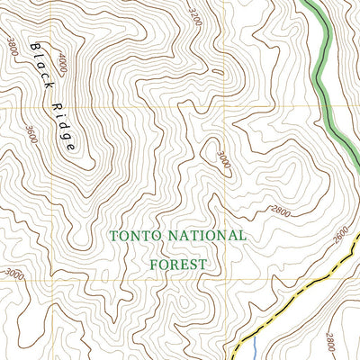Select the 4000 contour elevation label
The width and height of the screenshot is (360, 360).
62,66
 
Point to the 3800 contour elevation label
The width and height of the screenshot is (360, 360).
12,45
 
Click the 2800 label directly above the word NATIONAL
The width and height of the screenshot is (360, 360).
282,211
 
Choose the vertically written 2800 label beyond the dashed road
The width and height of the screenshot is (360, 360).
330,342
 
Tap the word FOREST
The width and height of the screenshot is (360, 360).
177,265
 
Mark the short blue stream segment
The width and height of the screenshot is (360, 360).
255,346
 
